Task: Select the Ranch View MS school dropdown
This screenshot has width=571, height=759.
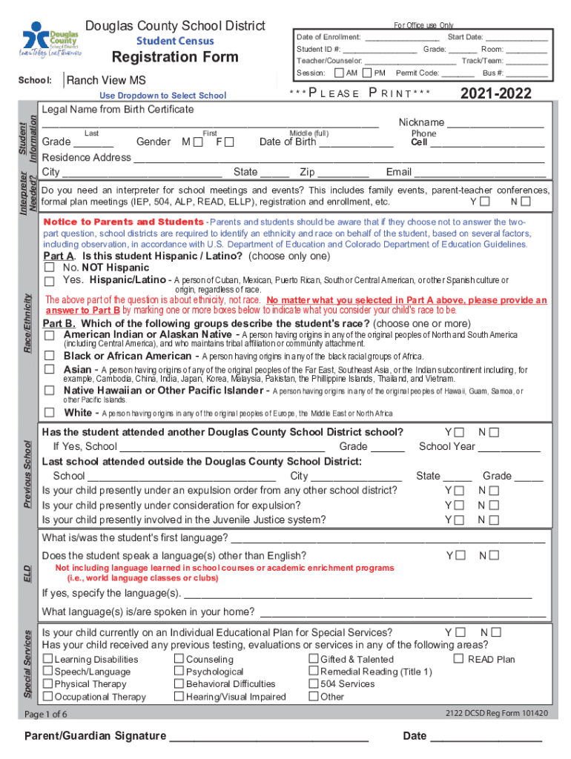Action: tap(107, 81)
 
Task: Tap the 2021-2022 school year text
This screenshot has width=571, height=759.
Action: tap(496, 93)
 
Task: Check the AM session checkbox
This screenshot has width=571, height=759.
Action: tap(340, 73)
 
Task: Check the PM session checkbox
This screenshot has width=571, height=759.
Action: tap(368, 73)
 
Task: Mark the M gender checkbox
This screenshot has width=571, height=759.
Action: tap(198, 142)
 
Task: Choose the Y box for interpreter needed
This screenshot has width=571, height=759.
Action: tap(484, 202)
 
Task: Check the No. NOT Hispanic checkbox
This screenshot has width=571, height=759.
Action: tap(50, 268)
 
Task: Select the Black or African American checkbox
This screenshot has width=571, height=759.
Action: tap(50, 356)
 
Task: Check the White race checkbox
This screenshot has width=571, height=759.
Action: tap(50, 413)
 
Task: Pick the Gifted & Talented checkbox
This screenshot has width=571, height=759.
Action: tap(314, 659)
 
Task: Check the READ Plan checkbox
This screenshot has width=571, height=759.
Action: tap(458, 659)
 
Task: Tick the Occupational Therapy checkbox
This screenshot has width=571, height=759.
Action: tap(48, 697)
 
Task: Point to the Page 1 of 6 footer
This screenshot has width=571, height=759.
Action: tap(46, 715)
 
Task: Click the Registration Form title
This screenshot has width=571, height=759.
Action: tap(175, 57)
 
